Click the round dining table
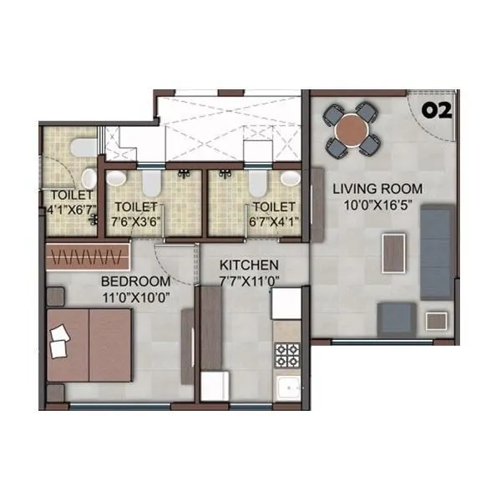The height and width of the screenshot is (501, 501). (352, 129)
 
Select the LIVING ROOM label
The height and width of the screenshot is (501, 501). (377, 189)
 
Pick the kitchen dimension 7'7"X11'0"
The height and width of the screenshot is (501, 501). (237, 281)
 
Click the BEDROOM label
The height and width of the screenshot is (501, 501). (135, 281)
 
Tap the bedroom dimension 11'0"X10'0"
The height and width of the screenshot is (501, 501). (135, 296)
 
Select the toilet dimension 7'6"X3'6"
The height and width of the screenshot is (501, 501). (138, 221)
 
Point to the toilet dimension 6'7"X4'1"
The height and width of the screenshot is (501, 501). (274, 221)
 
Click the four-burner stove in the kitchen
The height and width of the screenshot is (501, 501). (287, 355)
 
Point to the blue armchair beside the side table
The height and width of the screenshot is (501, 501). (397, 317)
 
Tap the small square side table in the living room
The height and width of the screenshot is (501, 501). (437, 320)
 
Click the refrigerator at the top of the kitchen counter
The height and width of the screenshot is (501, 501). (285, 303)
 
